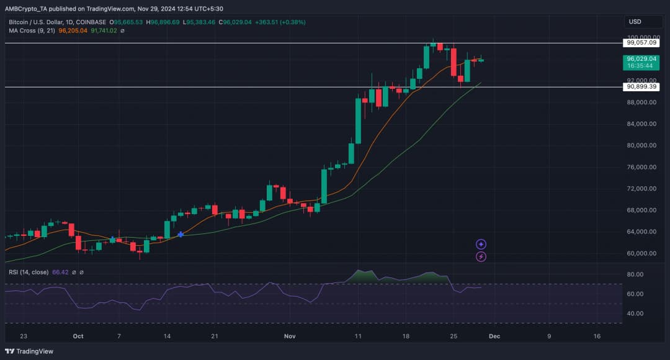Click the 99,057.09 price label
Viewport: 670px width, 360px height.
point(641,43)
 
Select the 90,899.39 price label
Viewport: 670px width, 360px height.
point(641,87)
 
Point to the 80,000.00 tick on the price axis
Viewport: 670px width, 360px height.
point(641,145)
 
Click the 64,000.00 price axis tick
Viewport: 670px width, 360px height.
point(641,232)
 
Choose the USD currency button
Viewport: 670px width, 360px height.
point(635,22)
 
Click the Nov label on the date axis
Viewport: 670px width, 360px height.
point(290,336)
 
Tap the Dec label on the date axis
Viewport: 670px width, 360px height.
point(494,336)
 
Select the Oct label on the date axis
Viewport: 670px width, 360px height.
point(78,336)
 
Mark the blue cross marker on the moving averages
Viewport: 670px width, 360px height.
point(181,234)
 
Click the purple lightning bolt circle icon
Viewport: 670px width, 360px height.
point(481,256)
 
